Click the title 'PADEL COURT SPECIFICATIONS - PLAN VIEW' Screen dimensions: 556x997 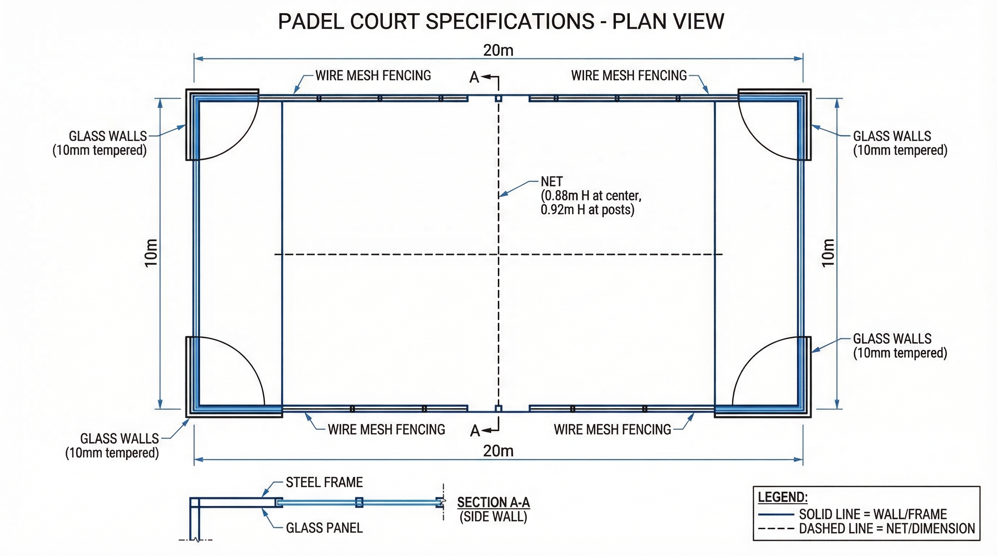(501, 21)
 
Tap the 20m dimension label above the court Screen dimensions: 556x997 (498, 50)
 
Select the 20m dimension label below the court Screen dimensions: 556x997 (498, 451)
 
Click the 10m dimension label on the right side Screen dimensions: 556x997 (828, 253)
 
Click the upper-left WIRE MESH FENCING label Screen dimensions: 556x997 (373, 75)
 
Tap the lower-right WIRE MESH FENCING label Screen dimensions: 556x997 (612, 430)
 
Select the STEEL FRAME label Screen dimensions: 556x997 (324, 483)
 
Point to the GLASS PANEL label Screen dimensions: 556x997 (324, 528)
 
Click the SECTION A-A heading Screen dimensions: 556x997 (493, 503)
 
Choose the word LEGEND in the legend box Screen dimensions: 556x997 (783, 497)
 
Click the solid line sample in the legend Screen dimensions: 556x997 (776, 515)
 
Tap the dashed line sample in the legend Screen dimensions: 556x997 (776, 529)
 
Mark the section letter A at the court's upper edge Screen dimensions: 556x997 (474, 78)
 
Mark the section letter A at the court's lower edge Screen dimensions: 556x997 (475, 431)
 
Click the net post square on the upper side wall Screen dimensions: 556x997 (498, 98)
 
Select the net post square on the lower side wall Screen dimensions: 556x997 (498, 409)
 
